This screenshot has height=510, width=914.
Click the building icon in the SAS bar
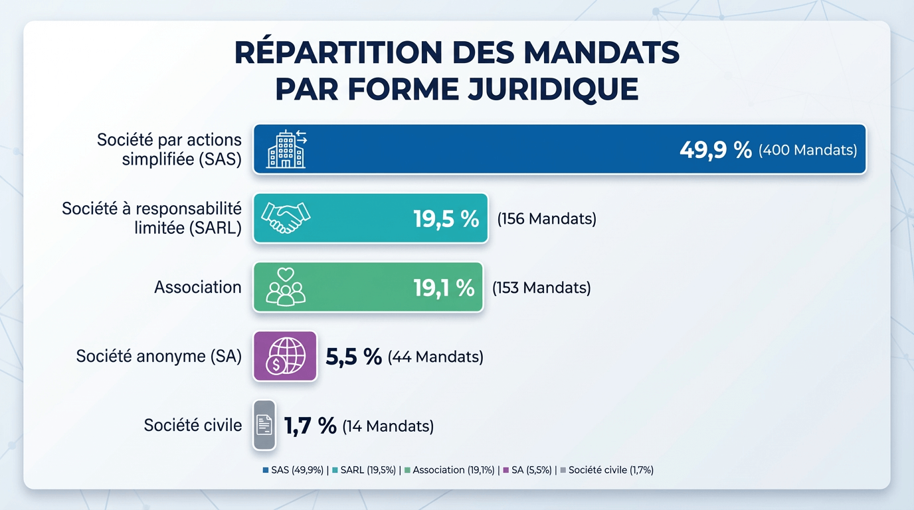point(287,149)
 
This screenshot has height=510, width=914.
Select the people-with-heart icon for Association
point(286,287)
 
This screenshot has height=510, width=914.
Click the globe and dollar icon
point(285,356)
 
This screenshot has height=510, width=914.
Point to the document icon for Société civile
point(264,425)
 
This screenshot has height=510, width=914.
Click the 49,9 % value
point(715,150)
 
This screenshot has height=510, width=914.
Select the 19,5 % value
point(446,218)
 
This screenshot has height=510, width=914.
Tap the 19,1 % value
point(444,288)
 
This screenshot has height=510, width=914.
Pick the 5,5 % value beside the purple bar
point(353,357)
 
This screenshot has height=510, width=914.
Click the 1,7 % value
point(310,426)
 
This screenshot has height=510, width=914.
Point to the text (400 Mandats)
point(808,150)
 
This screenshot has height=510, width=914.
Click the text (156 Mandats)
point(547,218)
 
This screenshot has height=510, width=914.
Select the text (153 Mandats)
point(541,288)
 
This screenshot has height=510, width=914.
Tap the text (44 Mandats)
point(435,357)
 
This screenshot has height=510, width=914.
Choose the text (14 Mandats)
point(388,426)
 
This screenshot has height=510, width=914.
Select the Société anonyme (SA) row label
point(159,356)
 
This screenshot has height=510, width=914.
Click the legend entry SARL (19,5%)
point(368,470)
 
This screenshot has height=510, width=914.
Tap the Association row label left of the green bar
point(198,287)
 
